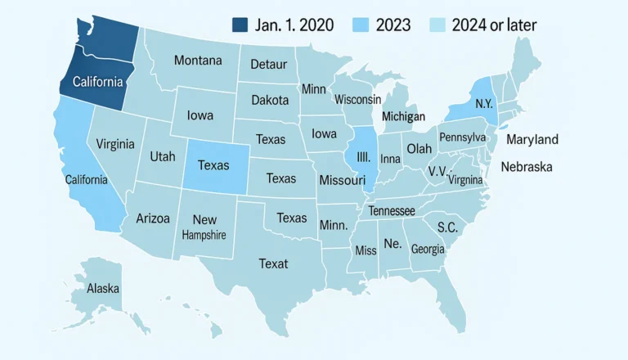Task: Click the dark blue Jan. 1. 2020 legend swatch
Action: (240, 25)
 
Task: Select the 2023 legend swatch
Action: (362, 25)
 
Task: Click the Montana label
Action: (197, 61)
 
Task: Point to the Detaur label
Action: (268, 64)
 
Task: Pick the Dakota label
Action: (270, 100)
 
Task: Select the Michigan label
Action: (403, 116)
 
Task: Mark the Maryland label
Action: (532, 139)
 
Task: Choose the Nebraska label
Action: (527, 167)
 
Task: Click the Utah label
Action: (162, 156)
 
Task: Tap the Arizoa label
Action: (153, 218)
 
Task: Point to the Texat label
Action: (273, 263)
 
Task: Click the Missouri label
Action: (341, 179)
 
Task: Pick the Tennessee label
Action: (392, 211)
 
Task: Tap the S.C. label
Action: (447, 227)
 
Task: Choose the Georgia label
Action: (428, 249)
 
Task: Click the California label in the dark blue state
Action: (98, 82)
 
